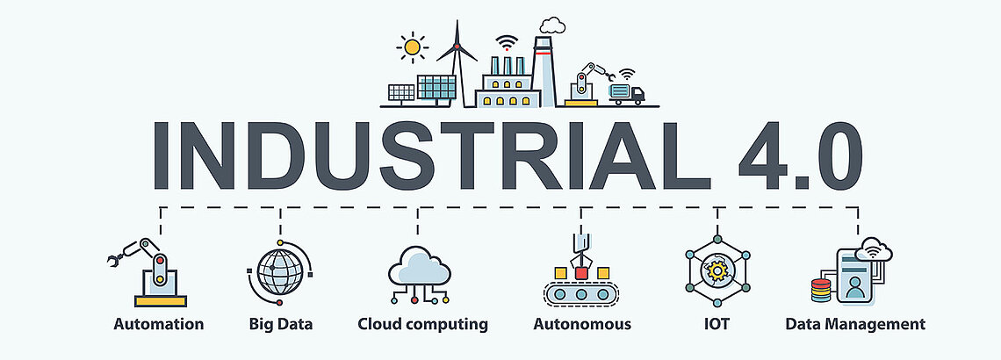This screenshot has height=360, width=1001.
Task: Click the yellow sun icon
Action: point(412,47)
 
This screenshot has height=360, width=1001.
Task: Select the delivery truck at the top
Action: point(626,94)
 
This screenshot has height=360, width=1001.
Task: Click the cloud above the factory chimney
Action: point(552,25)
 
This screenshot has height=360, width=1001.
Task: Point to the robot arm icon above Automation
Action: point(148,272)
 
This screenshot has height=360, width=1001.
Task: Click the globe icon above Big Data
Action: point(279,272)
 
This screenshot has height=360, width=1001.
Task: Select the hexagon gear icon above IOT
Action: point(717,270)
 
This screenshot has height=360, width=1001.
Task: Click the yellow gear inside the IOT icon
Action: point(717,270)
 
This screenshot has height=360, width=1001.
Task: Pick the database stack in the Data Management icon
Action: point(820,291)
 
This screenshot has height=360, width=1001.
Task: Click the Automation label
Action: point(158,324)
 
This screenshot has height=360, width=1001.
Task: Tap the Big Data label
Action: point(281,324)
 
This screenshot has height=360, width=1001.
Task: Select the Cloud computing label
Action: point(422,324)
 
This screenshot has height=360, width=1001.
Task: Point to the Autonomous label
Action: point(582,324)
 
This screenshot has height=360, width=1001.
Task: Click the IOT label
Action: point(717,324)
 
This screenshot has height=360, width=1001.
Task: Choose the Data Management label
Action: point(855,324)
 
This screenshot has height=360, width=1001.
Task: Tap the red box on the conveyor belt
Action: point(581,273)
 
